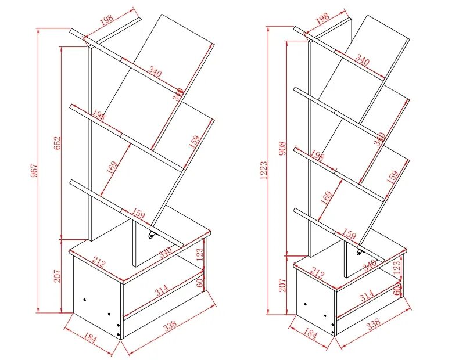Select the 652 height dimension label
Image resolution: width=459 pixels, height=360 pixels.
(58, 143)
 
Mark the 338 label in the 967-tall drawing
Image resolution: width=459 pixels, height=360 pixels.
(169, 327)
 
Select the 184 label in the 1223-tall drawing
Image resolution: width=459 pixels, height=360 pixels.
(310, 335)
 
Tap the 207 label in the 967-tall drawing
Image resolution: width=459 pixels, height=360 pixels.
(58, 275)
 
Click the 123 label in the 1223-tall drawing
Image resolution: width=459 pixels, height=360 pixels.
(397, 268)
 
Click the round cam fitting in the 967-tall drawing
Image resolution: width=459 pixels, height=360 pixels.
(152, 235)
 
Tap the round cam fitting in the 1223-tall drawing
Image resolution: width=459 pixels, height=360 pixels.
(360, 253)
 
